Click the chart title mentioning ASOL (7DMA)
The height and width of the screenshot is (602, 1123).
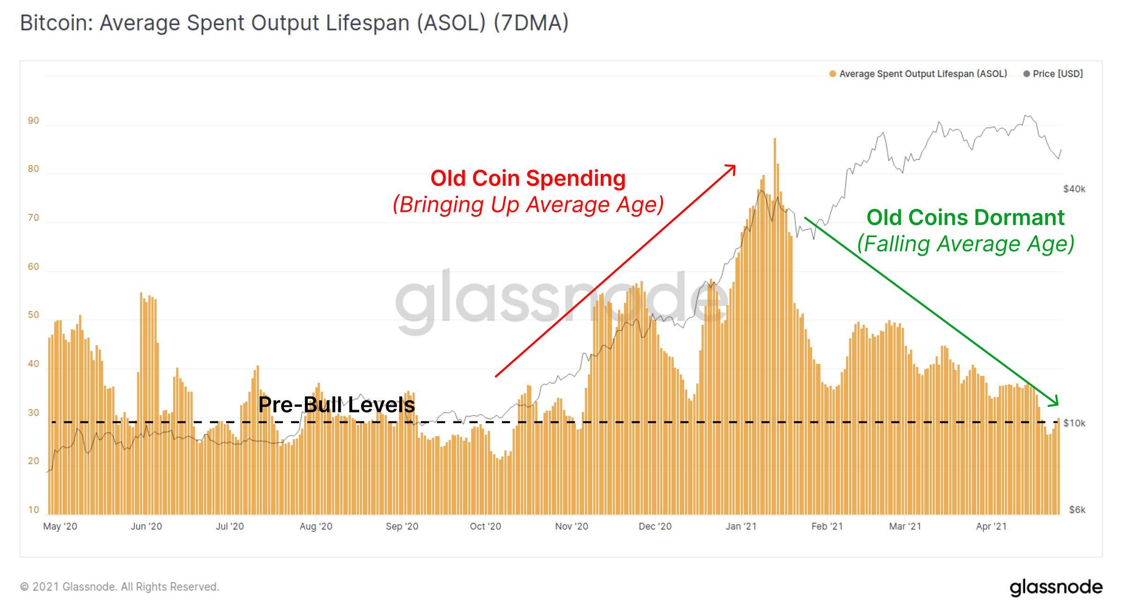point(294,22)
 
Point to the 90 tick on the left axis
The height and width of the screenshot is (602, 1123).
point(33,121)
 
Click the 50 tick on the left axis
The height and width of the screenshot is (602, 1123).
point(33,315)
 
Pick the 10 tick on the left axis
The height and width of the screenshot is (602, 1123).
point(33,510)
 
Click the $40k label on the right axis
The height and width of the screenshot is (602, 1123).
point(1074,189)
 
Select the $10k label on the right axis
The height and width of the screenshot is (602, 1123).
point(1074,423)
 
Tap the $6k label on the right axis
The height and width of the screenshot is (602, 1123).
point(1077,510)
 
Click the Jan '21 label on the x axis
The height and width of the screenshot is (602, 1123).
point(741,527)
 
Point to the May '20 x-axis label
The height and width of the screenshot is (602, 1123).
point(60,527)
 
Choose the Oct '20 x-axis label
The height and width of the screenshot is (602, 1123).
point(485,527)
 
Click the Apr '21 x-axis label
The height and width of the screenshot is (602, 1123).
point(991,527)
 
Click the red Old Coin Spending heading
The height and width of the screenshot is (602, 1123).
point(528,178)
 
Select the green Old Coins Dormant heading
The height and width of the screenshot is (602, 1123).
point(965,218)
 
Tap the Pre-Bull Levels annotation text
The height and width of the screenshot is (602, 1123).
point(336,405)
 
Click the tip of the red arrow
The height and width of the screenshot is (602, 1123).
point(735,166)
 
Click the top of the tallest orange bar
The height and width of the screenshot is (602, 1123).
point(775,139)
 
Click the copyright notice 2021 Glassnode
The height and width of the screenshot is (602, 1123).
point(120,587)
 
